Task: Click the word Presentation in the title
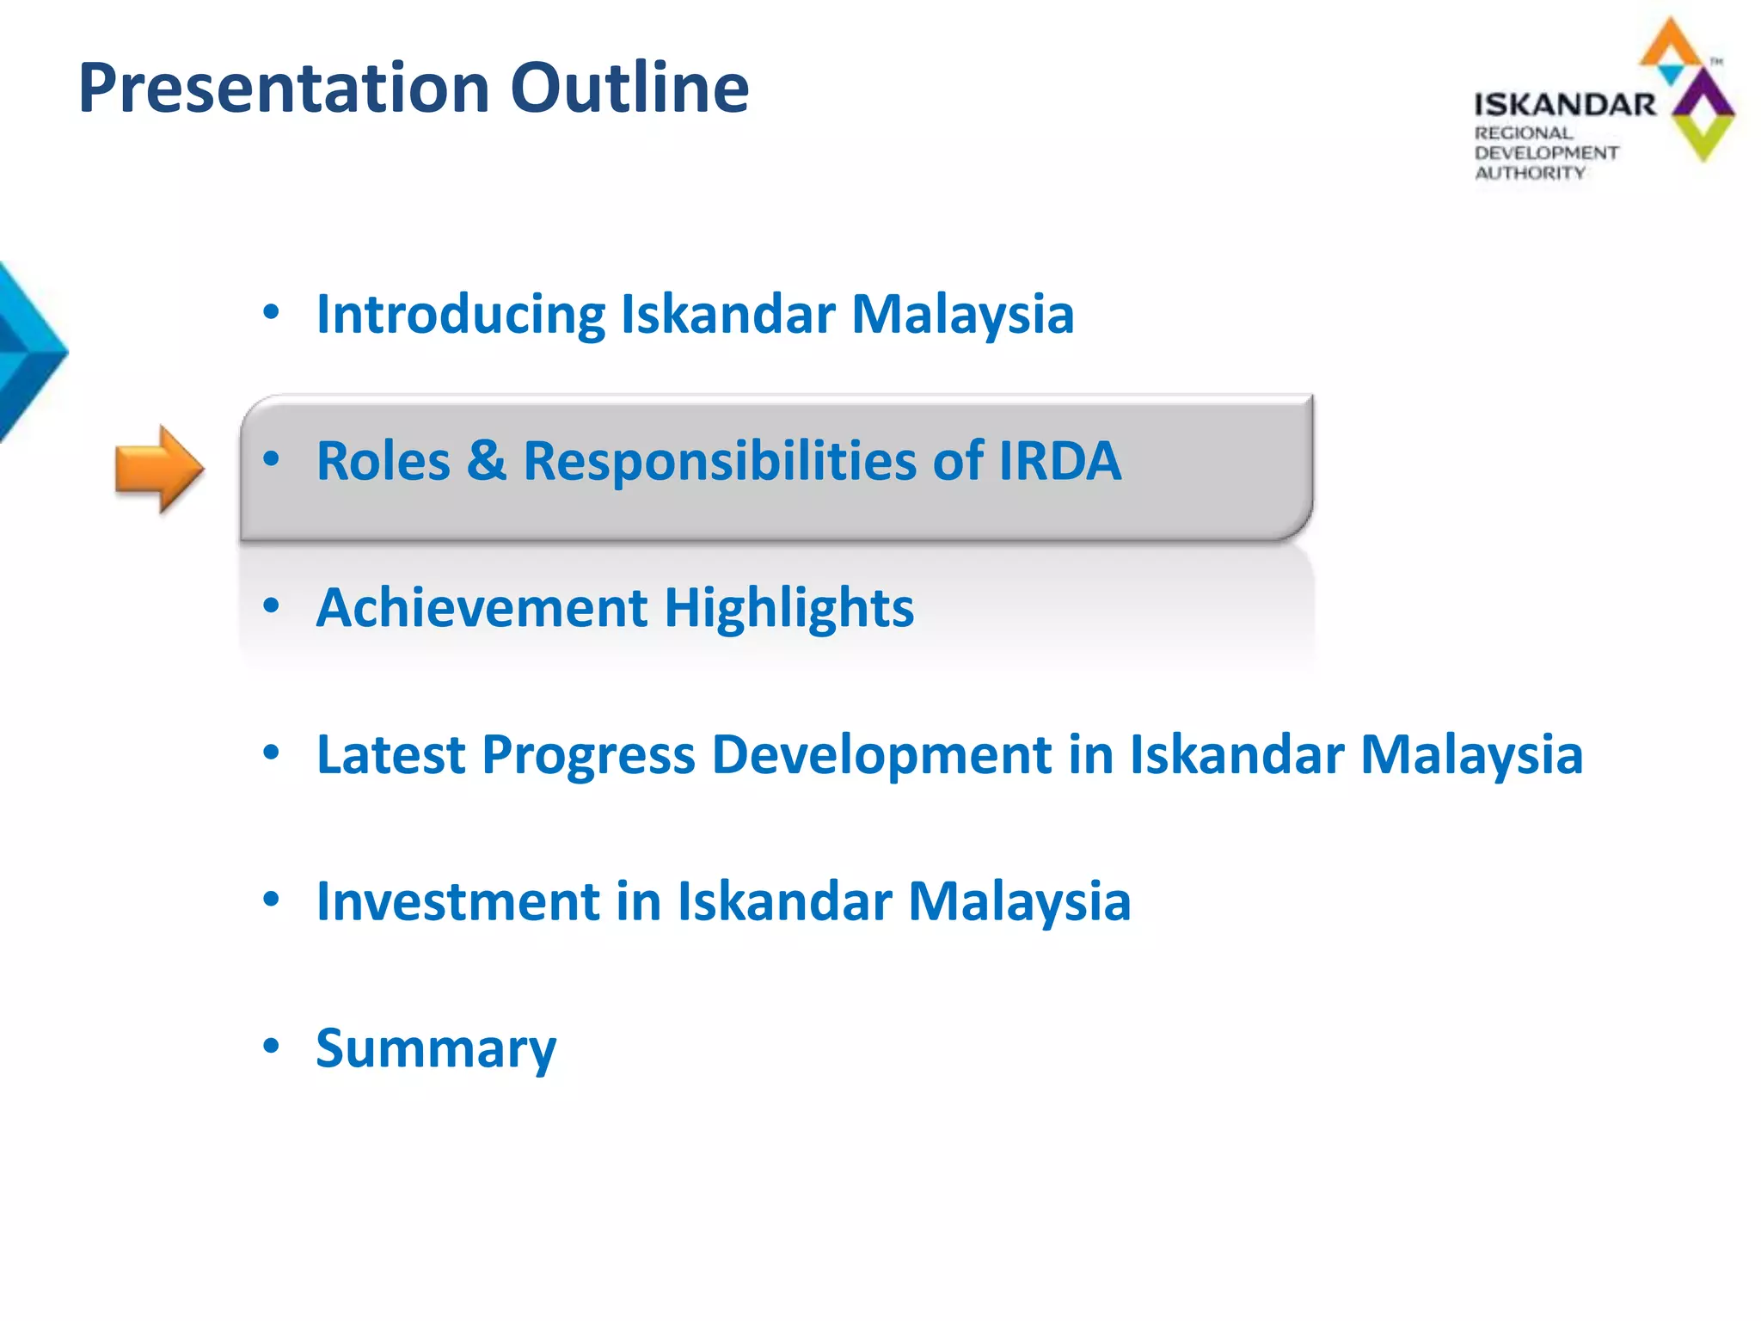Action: tap(285, 88)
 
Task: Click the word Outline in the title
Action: tap(629, 88)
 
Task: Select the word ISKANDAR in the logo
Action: tap(1565, 105)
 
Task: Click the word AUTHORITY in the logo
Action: tap(1530, 173)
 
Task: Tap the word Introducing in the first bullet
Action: tap(461, 314)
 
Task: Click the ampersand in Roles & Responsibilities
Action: tap(487, 460)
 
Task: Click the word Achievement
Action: tap(482, 608)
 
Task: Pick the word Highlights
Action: tap(788, 608)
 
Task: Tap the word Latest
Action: tap(390, 754)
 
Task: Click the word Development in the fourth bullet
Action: tap(882, 754)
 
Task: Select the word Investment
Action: tap(457, 901)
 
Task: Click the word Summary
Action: tap(436, 1048)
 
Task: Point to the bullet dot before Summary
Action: tap(272, 1046)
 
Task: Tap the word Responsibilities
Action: tap(720, 460)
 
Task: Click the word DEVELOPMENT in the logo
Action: tap(1546, 153)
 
